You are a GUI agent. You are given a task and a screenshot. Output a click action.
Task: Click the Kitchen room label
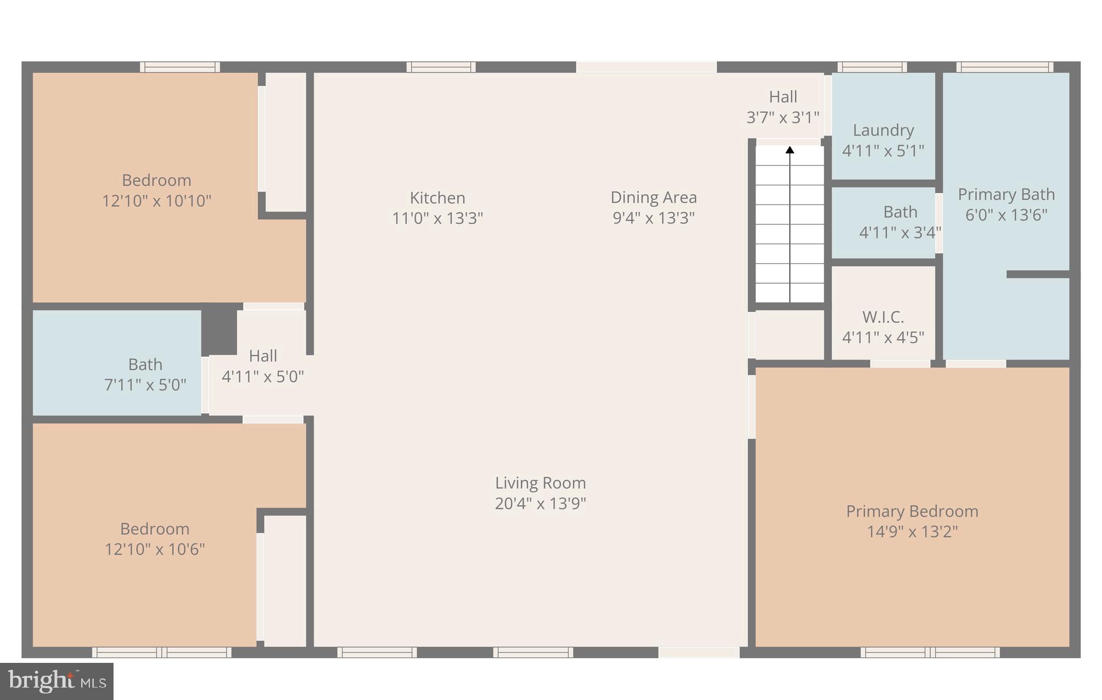(437, 197)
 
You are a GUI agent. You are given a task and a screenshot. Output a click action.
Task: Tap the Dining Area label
(653, 197)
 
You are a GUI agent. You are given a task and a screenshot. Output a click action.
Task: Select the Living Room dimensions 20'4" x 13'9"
(540, 504)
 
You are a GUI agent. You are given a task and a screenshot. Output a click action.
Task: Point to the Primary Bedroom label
(912, 511)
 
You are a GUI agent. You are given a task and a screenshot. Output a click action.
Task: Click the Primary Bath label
(1006, 194)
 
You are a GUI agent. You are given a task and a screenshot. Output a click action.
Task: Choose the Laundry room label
(883, 130)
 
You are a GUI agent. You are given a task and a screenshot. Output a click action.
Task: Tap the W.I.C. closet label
(882, 317)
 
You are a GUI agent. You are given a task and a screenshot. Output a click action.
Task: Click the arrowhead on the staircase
(789, 150)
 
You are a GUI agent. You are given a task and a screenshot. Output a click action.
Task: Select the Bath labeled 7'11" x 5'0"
(145, 374)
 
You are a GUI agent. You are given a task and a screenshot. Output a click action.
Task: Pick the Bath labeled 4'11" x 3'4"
(900, 222)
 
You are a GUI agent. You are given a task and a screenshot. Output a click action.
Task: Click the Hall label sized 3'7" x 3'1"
(782, 107)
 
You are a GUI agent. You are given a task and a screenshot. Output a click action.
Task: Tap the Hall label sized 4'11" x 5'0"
(263, 366)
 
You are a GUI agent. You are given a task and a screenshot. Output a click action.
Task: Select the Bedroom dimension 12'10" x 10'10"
(157, 201)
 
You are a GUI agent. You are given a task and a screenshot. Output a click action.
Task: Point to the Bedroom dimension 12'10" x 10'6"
(154, 549)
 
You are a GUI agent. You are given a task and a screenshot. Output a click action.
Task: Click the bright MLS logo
(56, 681)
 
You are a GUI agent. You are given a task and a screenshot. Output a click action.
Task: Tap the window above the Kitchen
(441, 67)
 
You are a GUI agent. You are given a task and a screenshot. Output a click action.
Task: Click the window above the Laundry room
(872, 67)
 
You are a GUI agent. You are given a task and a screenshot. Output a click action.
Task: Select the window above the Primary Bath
(1004, 67)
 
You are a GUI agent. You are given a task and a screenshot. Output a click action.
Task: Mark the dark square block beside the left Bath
(220, 329)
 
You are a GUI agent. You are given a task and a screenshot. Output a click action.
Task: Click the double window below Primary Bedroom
(930, 653)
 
